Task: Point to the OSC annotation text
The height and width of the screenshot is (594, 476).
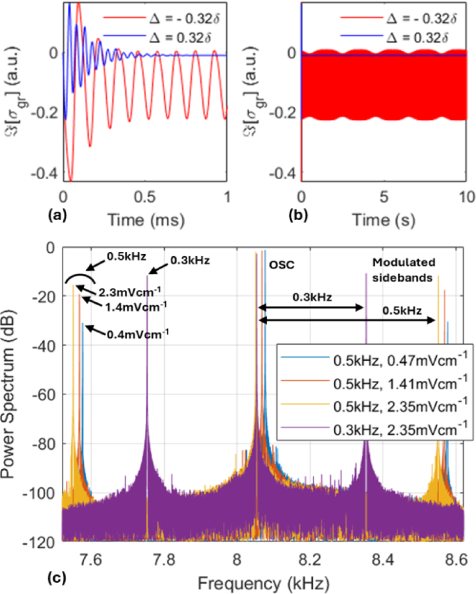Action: pos(280,264)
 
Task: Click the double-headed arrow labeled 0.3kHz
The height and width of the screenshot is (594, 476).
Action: pos(311,308)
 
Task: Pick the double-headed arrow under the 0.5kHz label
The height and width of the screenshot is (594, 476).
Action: pos(347,319)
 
